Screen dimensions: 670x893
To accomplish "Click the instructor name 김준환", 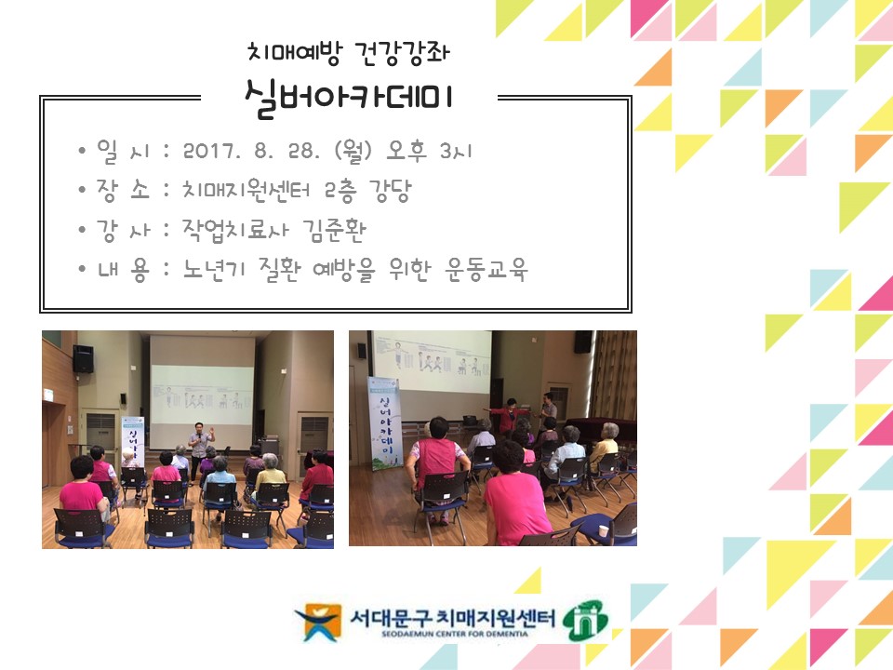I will (x=332, y=231).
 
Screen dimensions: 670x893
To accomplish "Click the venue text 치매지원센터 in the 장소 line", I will (x=248, y=191).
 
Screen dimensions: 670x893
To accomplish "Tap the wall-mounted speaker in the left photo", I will (x=83, y=359).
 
